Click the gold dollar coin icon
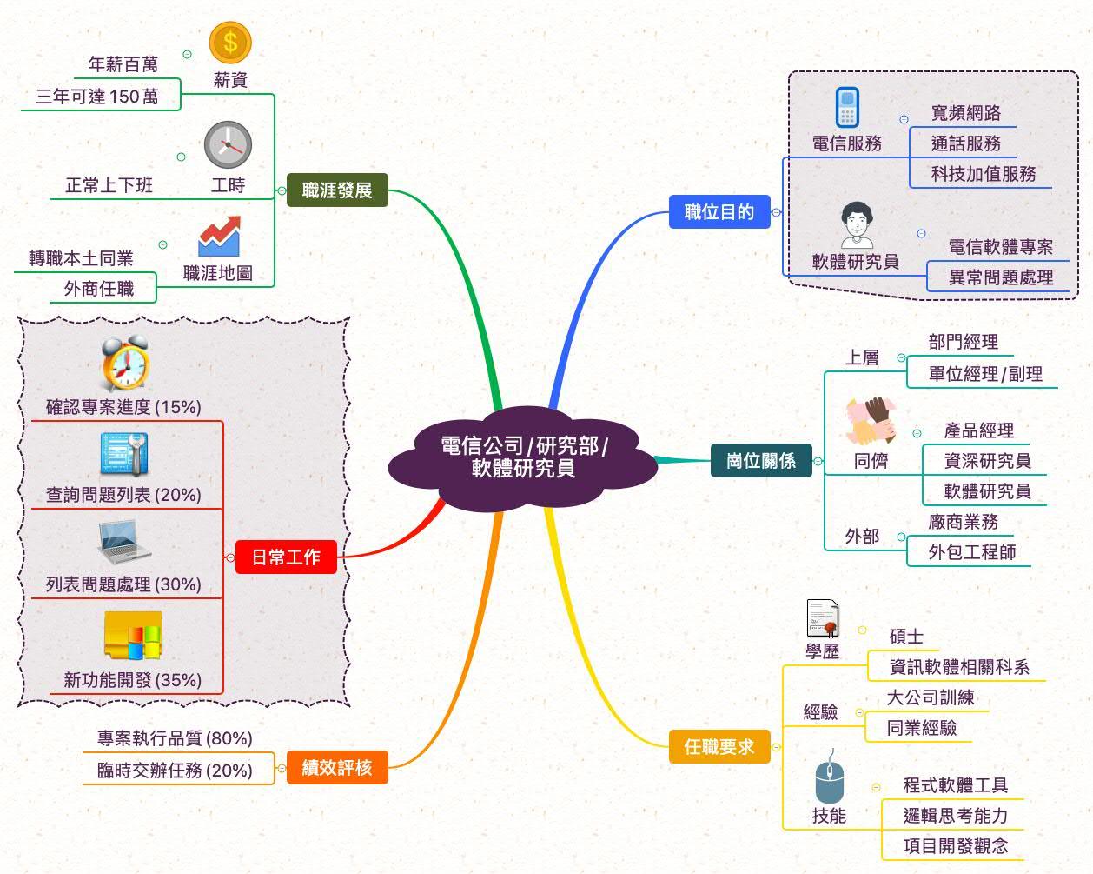[x=230, y=42]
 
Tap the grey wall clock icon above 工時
[x=228, y=144]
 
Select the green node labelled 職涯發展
[x=337, y=190]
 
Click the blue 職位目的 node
[x=719, y=211]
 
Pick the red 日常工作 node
[x=286, y=557]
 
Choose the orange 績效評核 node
[x=337, y=767]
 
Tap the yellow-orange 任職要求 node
[x=719, y=746]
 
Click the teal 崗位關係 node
[x=761, y=460]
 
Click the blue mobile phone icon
[x=847, y=109]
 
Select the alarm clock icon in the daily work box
[x=125, y=364]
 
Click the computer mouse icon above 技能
[x=829, y=777]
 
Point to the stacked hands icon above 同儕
[x=871, y=422]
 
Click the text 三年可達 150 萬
[x=97, y=97]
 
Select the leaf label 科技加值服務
[x=984, y=174]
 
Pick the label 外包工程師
[x=972, y=552]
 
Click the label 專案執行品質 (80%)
[x=175, y=738]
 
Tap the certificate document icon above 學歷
[x=823, y=619]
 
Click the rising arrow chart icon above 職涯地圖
[x=218, y=237]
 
